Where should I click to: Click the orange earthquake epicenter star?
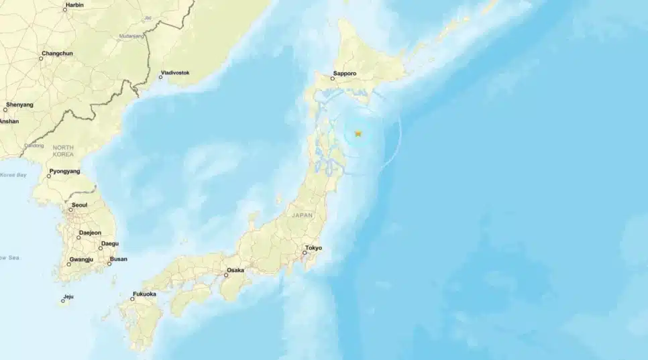coord(358,133)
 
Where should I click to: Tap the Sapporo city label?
coord(343,76)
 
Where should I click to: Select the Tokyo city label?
coord(313,248)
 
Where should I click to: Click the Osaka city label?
coord(235,270)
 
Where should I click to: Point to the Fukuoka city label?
coord(144,294)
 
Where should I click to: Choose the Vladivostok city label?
coord(175,72)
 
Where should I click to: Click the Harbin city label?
coord(74,5)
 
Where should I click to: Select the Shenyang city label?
coord(19,105)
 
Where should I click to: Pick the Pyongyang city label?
coord(64,171)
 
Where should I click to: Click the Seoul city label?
coord(79,204)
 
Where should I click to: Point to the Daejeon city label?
coord(90,233)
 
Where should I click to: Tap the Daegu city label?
coord(109,243)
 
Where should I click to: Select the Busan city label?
coord(118,259)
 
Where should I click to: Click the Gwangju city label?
coord(83,259)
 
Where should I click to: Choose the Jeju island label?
coord(68,296)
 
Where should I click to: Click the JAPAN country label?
coord(302,215)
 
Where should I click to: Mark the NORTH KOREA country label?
coord(63,150)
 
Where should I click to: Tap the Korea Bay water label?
coord(13,175)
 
